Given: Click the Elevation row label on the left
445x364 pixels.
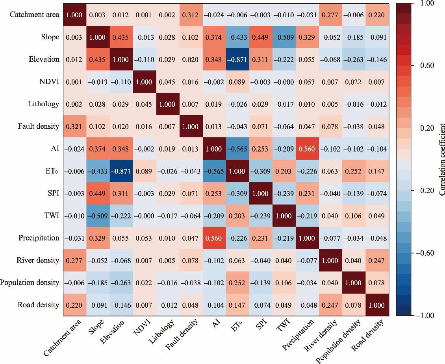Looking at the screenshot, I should (44, 59).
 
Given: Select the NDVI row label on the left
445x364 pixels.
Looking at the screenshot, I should (49, 82).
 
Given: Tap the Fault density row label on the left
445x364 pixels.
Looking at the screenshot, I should (39, 126).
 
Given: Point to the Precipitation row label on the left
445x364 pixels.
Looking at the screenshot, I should (39, 238).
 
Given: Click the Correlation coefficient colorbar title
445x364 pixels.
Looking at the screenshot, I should (441, 159).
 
